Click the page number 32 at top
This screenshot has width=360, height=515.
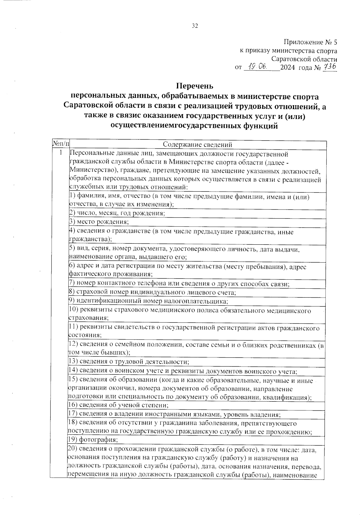pyautogui.click(x=195, y=26)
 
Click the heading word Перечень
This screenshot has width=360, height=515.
pyautogui.click(x=194, y=86)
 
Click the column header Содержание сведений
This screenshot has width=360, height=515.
pyautogui.click(x=197, y=145)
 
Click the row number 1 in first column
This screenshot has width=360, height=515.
pyautogui.click(x=61, y=153)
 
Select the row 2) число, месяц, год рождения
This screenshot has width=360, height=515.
pyautogui.click(x=117, y=213)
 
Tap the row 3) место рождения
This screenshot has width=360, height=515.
pyautogui.click(x=99, y=222)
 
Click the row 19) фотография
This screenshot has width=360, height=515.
pyautogui.click(x=93, y=440)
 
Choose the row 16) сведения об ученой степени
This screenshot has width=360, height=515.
pyautogui.click(x=118, y=405)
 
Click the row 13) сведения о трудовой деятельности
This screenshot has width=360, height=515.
pyautogui.click(x=129, y=362)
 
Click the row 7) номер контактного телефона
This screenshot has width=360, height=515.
pyautogui.click(x=179, y=283)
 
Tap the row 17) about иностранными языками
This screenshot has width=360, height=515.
pyautogui.click(x=175, y=415)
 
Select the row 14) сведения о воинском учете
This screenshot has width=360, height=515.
pyautogui.click(x=183, y=371)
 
